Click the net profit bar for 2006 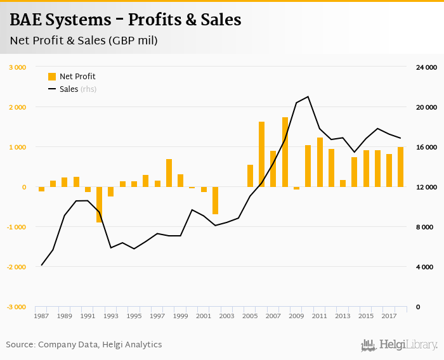click(x=261, y=154)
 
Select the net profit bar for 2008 click(x=285, y=152)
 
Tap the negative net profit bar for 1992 click(x=100, y=204)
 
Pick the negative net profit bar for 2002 click(x=215, y=200)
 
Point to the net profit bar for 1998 click(x=169, y=173)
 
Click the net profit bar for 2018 click(x=400, y=167)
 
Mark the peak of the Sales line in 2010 click(x=308, y=97)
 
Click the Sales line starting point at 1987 click(x=41, y=265)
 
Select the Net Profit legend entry click(x=71, y=77)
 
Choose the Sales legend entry click(x=71, y=89)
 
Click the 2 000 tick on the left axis click(x=16, y=107)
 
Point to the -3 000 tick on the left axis click(x=16, y=307)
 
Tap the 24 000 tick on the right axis click(x=428, y=67)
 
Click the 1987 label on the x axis click(x=41, y=316)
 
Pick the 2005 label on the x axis click(x=250, y=316)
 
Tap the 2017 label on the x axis click(x=389, y=316)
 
